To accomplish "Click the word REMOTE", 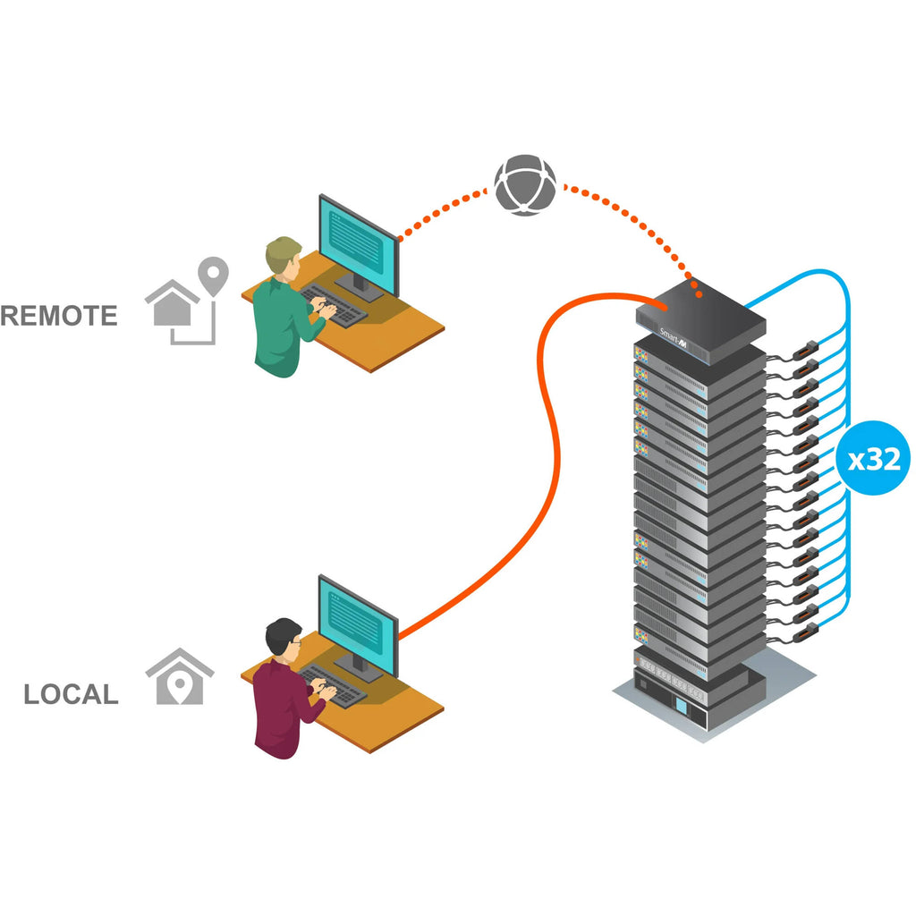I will pos(59,316).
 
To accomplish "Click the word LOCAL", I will pos(71,695).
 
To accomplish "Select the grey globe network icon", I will pos(525,185).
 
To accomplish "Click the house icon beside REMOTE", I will pos(172,303).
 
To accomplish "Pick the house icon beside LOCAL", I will pos(180,677).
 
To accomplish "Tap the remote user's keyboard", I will pos(334,306).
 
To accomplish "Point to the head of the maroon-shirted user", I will pos(284,638).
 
